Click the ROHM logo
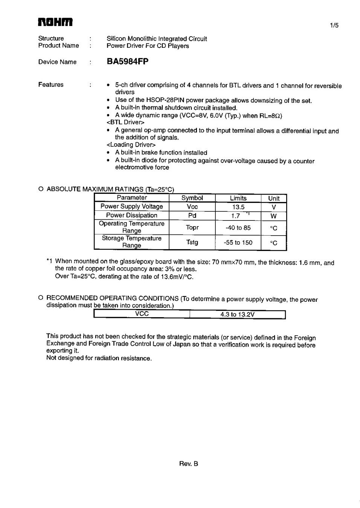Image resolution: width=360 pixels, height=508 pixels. (55, 22)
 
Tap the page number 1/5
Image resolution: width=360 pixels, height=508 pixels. (334, 26)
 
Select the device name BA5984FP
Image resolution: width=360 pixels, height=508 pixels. (128, 62)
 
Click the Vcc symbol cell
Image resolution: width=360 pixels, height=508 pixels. (192, 207)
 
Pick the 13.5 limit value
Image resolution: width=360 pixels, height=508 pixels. (238, 207)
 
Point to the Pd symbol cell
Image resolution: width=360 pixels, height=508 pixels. (192, 216)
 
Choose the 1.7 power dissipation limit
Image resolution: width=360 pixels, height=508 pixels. (236, 216)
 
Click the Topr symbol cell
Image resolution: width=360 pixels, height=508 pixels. (192, 227)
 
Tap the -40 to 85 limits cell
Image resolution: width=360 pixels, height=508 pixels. (238, 228)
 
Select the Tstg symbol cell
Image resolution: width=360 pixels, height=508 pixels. (192, 242)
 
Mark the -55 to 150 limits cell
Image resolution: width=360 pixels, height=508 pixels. (238, 243)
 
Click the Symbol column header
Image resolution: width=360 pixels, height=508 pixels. (192, 198)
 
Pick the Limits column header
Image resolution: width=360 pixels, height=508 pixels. (238, 198)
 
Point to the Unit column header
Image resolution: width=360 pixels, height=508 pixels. (274, 198)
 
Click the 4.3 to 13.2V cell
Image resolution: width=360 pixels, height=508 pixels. (237, 315)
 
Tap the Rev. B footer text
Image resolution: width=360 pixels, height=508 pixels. (189, 464)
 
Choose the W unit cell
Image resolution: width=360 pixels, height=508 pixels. (274, 216)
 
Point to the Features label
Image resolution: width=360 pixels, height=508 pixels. (51, 85)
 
